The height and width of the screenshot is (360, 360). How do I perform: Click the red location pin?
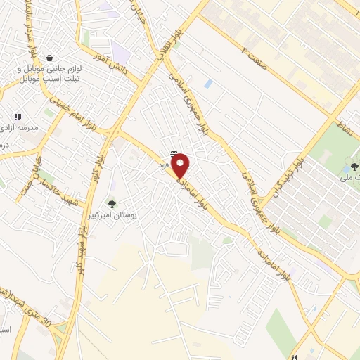(181, 166)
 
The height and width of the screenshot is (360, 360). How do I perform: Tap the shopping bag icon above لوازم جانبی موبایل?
(49, 58)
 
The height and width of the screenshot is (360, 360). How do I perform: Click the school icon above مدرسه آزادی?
(18, 117)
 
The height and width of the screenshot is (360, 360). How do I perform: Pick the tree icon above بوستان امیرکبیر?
(112, 205)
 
